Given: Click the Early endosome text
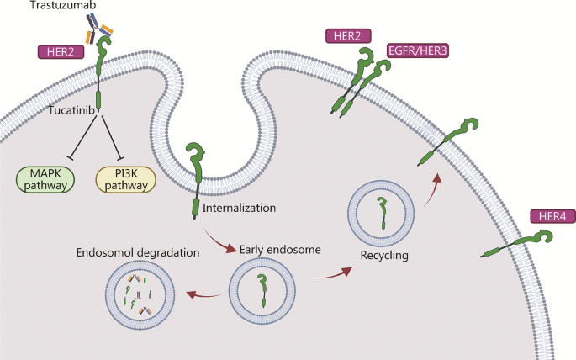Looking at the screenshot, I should click(x=277, y=249).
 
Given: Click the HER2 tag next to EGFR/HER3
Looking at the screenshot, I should click(x=346, y=36).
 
